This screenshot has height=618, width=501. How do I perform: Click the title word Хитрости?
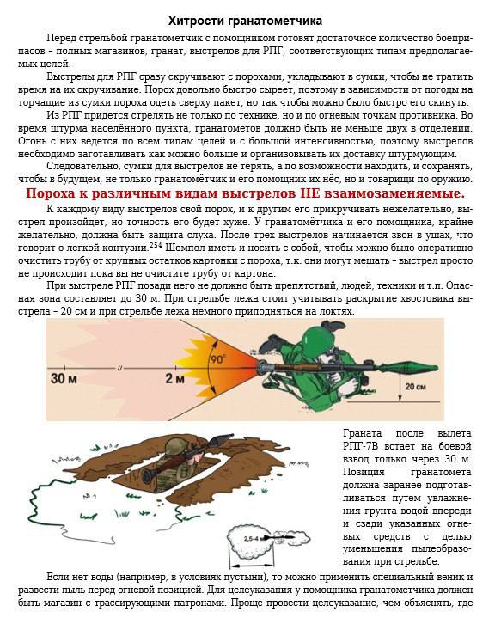click(x=197, y=21)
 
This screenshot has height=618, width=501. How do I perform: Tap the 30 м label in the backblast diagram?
click(x=64, y=379)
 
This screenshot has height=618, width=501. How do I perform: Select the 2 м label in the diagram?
click(x=174, y=379)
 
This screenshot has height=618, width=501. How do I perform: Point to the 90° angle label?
click(x=218, y=359)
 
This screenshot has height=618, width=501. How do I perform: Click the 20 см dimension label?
click(x=415, y=387)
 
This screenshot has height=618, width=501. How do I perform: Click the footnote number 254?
click(x=156, y=245)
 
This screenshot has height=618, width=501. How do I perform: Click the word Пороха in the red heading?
click(x=53, y=194)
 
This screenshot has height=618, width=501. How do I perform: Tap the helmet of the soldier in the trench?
click(x=174, y=447)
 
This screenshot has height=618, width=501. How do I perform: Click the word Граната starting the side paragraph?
click(x=363, y=433)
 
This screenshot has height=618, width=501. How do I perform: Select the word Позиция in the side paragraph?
click(x=364, y=472)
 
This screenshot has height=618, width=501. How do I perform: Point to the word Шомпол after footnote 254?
click(x=183, y=248)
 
